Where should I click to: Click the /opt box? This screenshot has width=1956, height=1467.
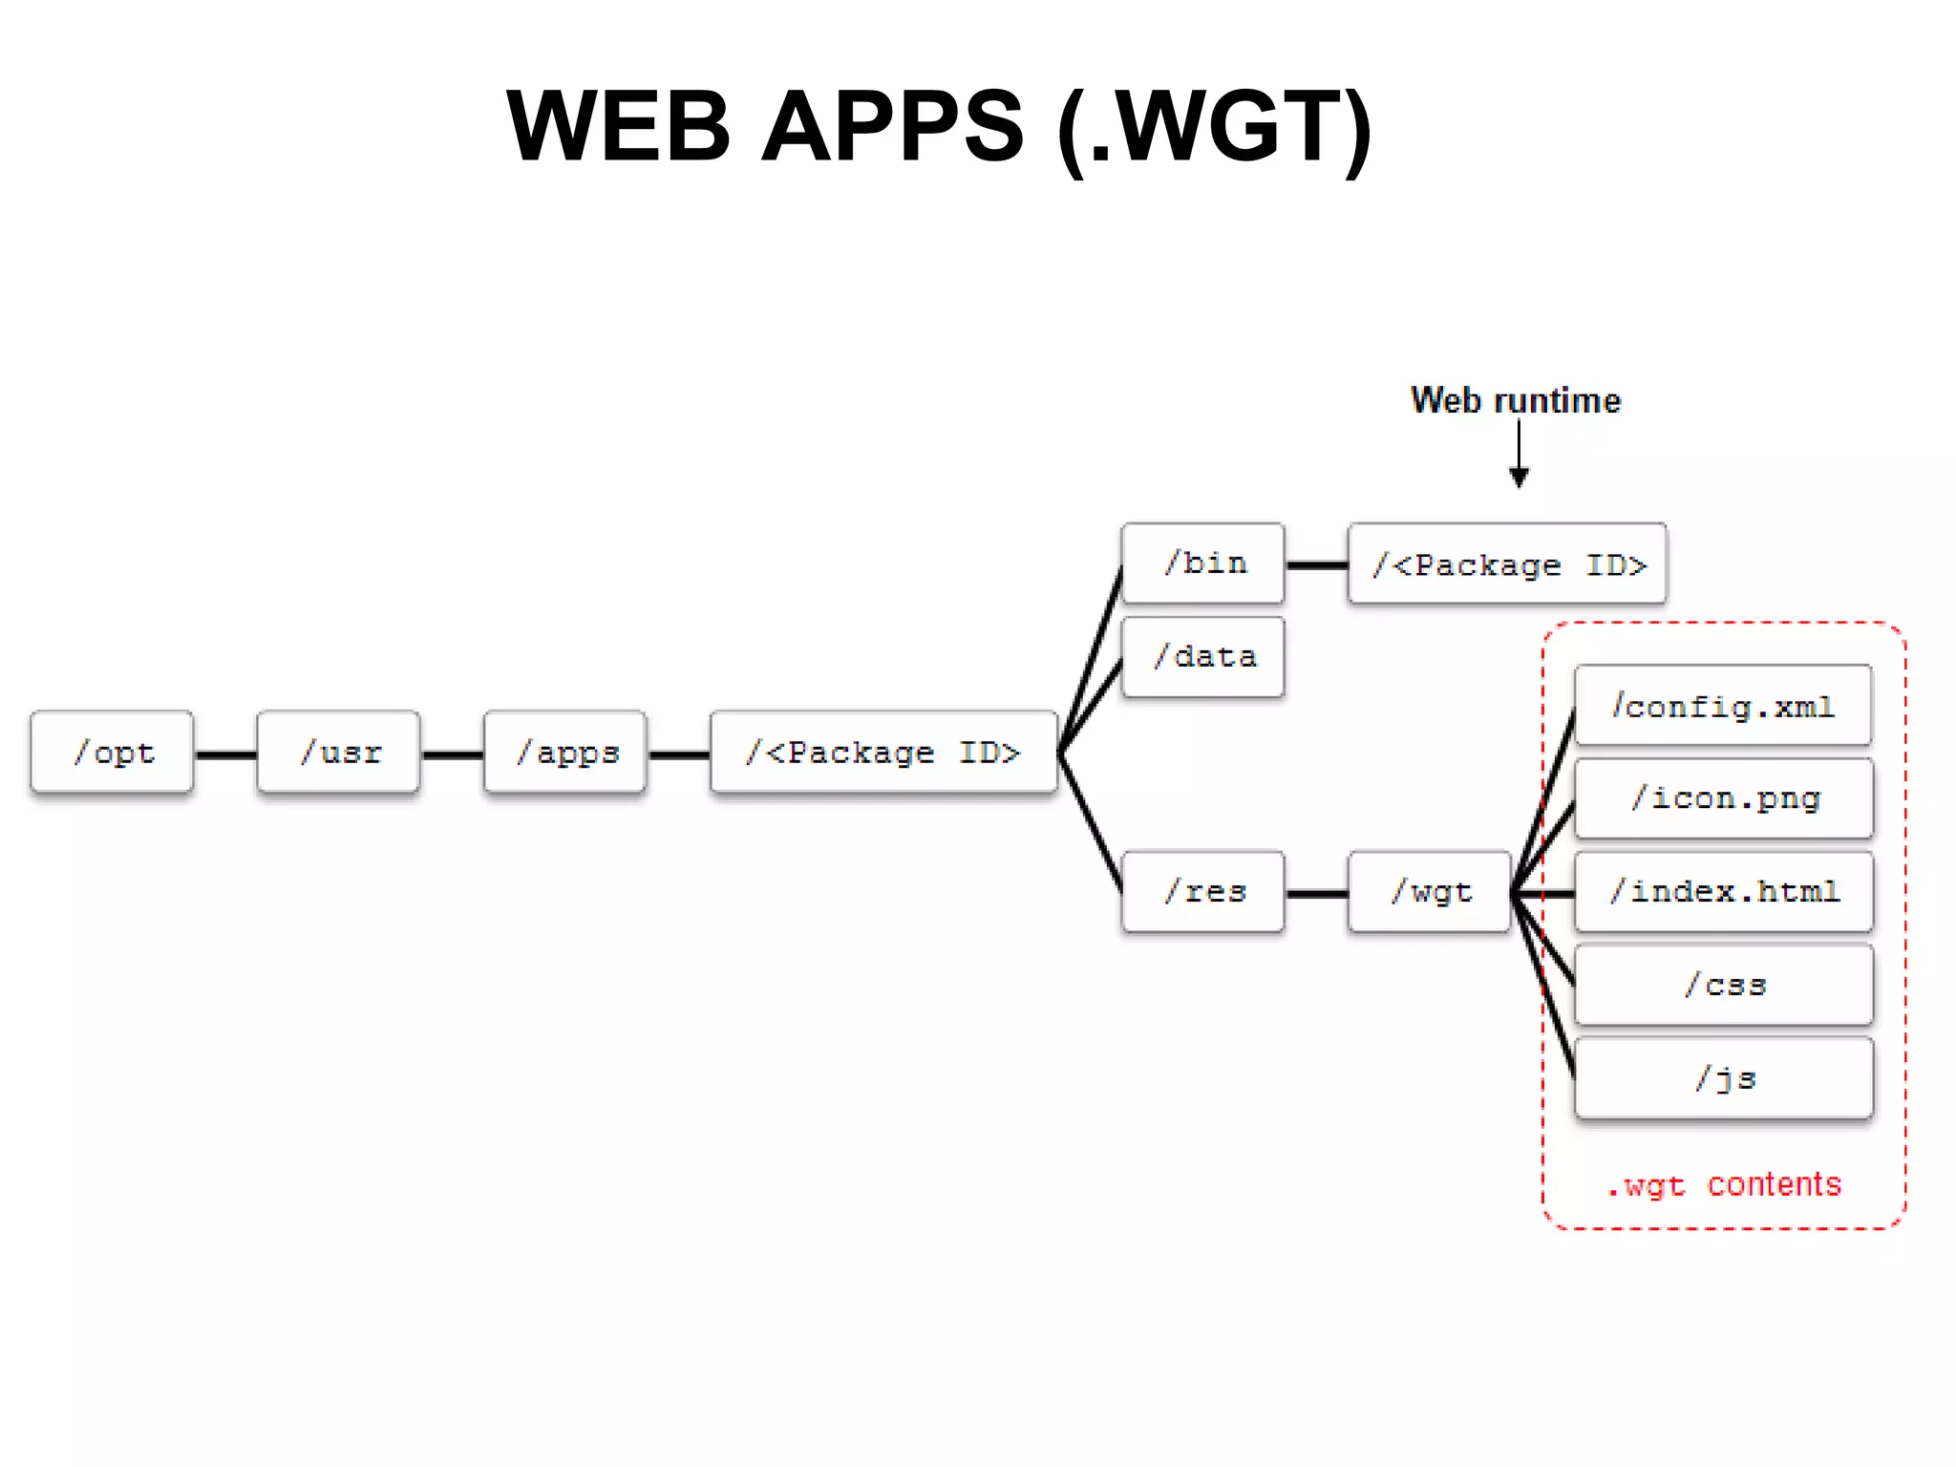(x=112, y=753)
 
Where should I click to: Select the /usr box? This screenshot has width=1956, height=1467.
(x=338, y=753)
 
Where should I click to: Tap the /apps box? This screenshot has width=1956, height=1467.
(x=565, y=753)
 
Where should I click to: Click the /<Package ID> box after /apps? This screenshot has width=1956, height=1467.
(x=883, y=753)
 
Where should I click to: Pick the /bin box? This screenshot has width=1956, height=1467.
(x=1203, y=563)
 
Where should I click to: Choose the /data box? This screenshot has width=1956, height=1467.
(x=1203, y=657)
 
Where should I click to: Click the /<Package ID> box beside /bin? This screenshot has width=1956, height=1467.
(x=1507, y=564)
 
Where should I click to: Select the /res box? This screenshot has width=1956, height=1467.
(x=1203, y=892)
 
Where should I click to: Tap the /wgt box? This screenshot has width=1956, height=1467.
(x=1430, y=892)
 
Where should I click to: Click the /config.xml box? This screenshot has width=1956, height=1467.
(x=1723, y=706)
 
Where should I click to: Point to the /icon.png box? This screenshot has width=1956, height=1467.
(x=1723, y=798)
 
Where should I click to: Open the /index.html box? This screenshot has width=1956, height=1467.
(x=1723, y=892)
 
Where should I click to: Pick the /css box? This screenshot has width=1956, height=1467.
(x=1723, y=985)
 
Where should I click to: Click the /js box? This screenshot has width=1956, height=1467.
(x=1723, y=1078)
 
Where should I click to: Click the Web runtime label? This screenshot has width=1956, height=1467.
(x=1516, y=400)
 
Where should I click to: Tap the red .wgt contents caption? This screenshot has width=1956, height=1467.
(x=1724, y=1185)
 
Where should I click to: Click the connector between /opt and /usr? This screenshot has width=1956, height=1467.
(x=225, y=755)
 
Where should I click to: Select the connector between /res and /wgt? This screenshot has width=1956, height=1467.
(x=1316, y=894)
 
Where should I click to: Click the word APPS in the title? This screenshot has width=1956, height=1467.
(x=893, y=126)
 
